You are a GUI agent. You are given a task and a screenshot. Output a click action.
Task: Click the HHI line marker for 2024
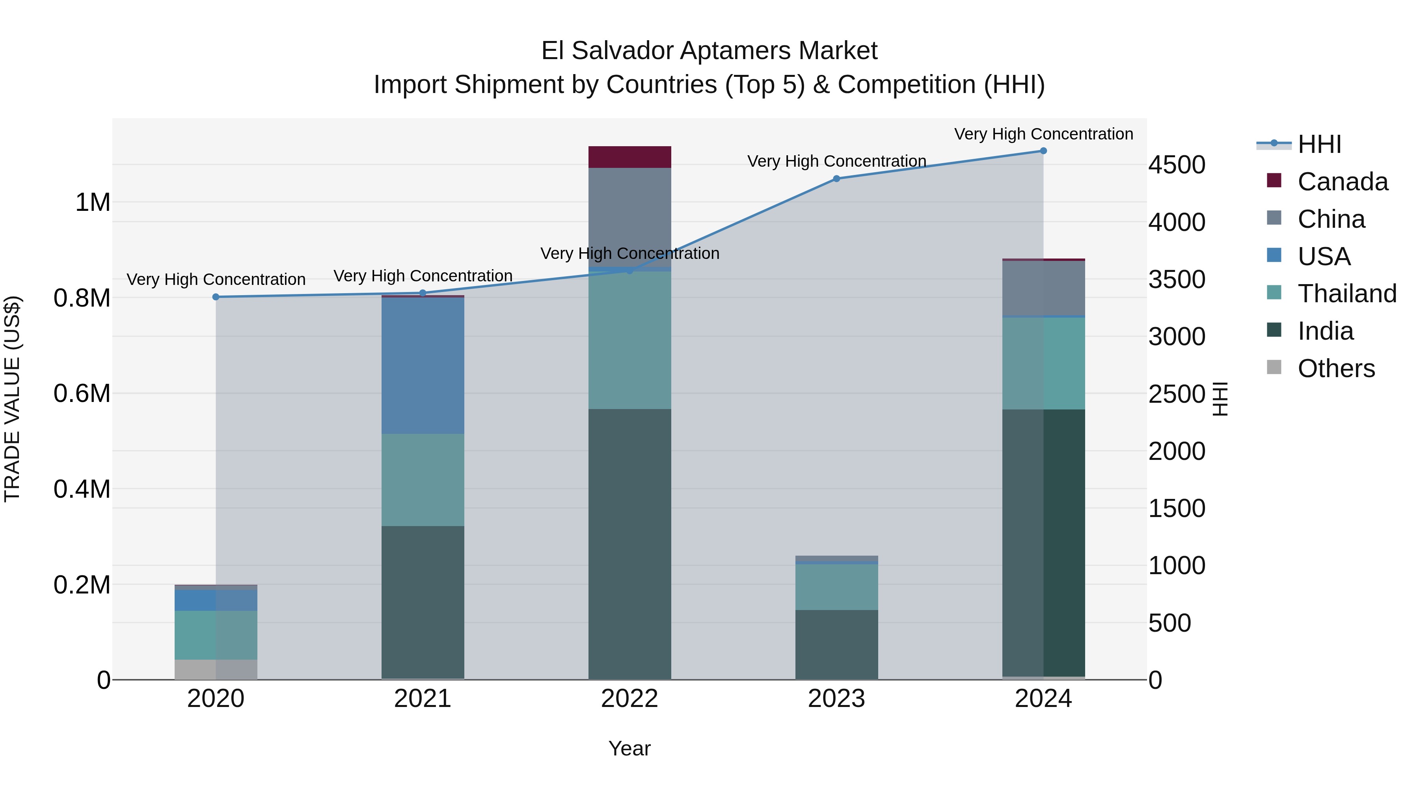pos(1043,151)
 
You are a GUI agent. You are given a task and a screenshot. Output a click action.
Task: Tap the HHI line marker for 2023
pos(836,179)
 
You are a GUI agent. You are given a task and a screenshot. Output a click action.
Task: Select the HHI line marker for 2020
pos(216,297)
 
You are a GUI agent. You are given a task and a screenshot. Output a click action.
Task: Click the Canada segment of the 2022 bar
pos(629,157)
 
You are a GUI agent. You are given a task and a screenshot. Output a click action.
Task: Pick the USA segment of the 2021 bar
pos(423,366)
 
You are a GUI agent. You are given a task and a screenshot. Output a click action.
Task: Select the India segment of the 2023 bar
pos(836,644)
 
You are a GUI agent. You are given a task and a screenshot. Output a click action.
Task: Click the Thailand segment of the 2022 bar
pos(629,340)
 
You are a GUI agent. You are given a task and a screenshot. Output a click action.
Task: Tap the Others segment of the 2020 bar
pos(216,669)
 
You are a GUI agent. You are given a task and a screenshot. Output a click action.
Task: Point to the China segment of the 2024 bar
pos(1043,288)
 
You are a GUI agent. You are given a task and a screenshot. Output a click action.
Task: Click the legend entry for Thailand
pos(1347,294)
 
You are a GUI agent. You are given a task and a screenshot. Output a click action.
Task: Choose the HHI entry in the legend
pos(1319,144)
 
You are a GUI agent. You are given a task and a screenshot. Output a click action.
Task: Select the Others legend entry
pos(1336,368)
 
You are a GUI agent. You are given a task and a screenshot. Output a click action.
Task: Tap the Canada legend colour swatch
pos(1274,180)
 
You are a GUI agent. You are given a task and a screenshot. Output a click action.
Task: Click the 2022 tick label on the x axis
pos(629,699)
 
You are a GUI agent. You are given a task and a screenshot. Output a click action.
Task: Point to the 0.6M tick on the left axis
pos(82,394)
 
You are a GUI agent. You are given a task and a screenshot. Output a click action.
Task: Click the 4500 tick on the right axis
pos(1177,165)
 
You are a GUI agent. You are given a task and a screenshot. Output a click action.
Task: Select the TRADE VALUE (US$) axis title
pos(12,399)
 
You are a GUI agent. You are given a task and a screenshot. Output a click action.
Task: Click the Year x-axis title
pos(629,748)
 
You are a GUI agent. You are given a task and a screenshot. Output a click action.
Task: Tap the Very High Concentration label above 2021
pos(423,275)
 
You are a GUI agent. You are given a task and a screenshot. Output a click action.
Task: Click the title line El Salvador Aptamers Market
pos(709,51)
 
